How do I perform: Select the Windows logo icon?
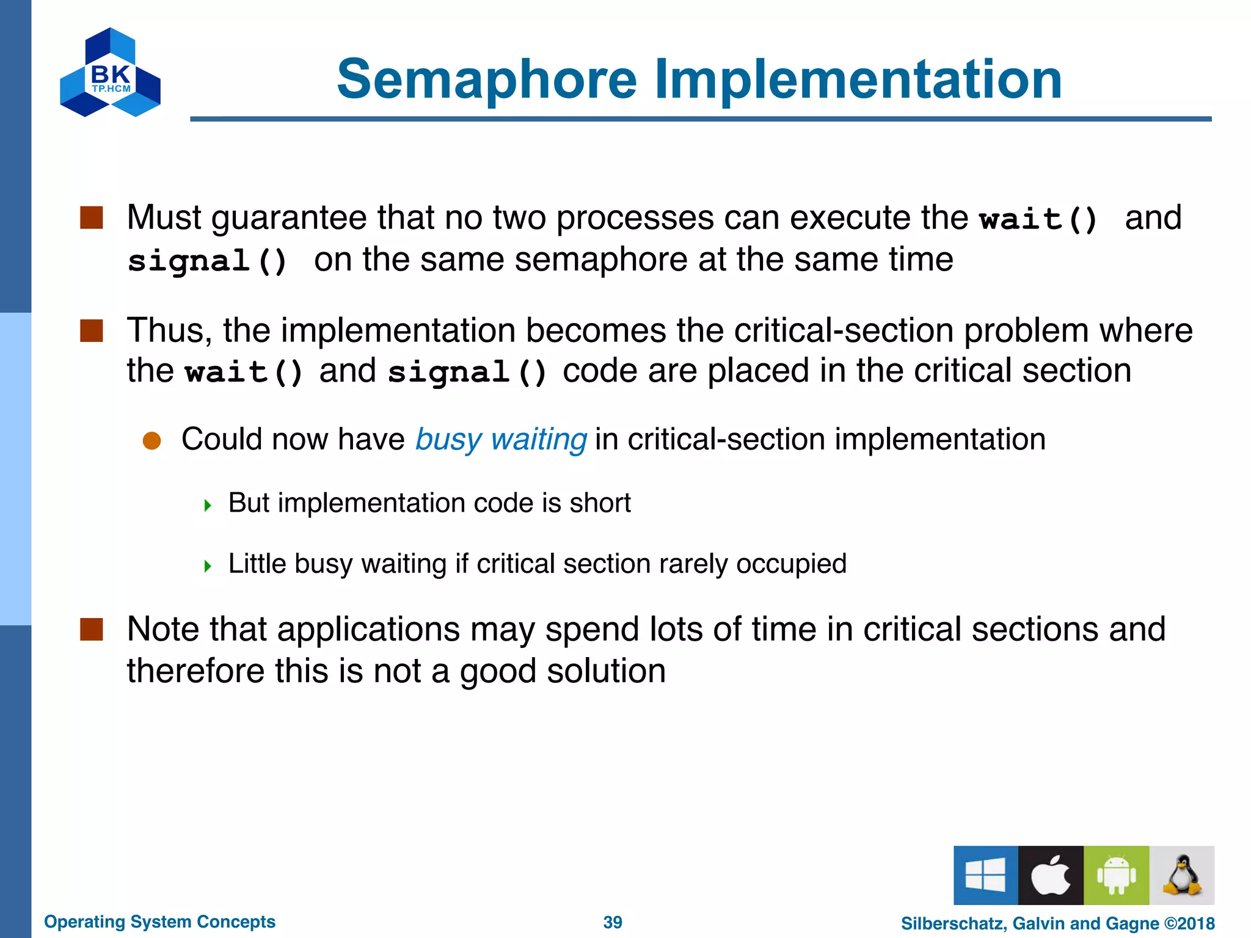coord(985,875)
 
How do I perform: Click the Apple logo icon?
coord(1051,875)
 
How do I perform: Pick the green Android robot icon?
coord(1116,875)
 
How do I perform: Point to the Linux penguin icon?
coord(1182,875)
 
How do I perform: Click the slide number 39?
coord(612,922)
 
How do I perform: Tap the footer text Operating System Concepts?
coord(159,922)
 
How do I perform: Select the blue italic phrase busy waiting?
coord(501,439)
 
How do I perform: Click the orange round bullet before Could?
coord(151,441)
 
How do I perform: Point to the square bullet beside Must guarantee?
coord(92,217)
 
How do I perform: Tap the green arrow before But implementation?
coord(208,505)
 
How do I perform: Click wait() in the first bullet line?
coord(1038,219)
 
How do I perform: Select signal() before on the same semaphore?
coord(208,261)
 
